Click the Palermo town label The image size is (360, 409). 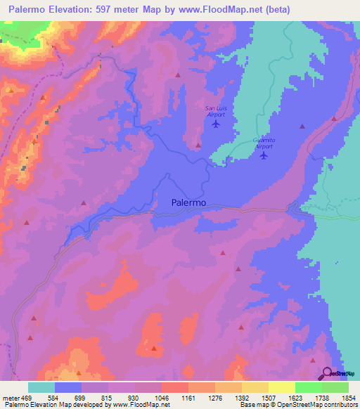click(188, 202)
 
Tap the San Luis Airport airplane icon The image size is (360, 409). click(215, 124)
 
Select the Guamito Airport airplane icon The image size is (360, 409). click(264, 155)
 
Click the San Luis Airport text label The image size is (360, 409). click(216, 110)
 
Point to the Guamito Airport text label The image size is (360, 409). click(264, 143)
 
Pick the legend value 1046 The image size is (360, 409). click(160, 398)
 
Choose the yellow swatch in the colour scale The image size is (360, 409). click(281, 387)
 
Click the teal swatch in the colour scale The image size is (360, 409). click(41, 387)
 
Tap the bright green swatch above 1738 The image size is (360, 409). click(308, 387)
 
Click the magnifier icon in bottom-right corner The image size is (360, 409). click(328, 373)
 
